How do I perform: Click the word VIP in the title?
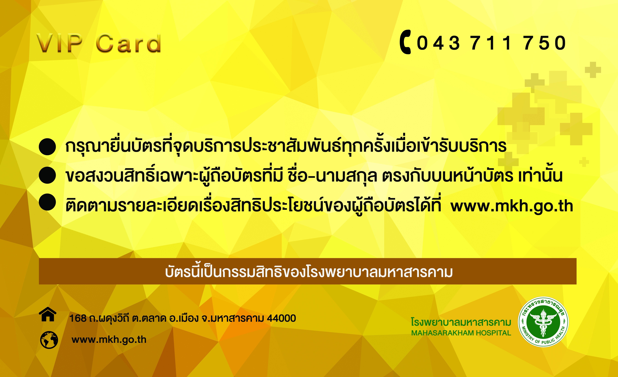pos(60,43)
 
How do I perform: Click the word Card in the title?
pos(128,43)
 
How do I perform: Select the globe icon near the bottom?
pos(49,340)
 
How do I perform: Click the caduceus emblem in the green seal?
pos(543,323)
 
